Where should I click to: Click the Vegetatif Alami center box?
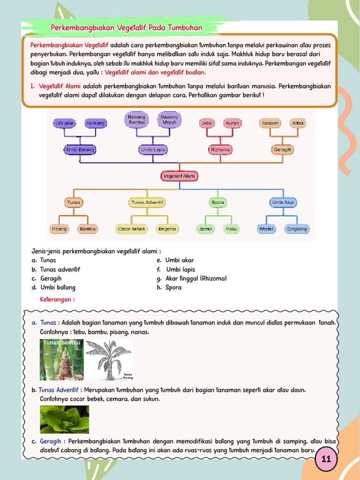tap(180, 176)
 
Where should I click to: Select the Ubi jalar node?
tap(65, 123)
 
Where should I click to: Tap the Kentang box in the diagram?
tap(96, 123)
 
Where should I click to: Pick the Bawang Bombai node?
tap(136, 120)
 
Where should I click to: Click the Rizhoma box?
tap(220, 150)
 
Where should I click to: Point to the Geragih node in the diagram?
tap(282, 150)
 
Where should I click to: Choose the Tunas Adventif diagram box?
tap(147, 202)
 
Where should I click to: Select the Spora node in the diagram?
tap(218, 202)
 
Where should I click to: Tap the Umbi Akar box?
tap(283, 202)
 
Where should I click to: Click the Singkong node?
tap(297, 229)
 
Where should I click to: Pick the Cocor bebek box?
tap(131, 229)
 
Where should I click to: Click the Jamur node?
tap(205, 229)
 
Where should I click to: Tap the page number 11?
tap(326, 459)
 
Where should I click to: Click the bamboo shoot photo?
tap(61, 360)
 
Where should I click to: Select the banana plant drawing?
tap(109, 360)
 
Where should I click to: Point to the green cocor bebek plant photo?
tap(64, 419)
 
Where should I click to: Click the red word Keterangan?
tap(57, 299)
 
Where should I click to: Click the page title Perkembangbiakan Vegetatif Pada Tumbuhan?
tap(127, 28)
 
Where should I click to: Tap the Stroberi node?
tap(270, 123)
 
